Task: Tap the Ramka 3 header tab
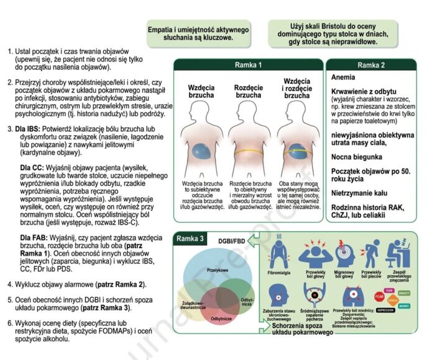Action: pyautogui.click(x=193, y=237)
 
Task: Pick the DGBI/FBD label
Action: pyautogui.click(x=231, y=240)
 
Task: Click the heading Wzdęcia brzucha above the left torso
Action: pyautogui.click(x=201, y=92)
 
